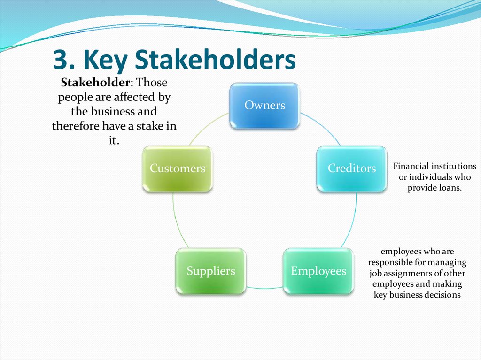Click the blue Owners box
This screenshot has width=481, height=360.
tap(264, 106)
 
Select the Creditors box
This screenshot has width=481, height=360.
tap(351, 169)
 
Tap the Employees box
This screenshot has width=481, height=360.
tap(318, 271)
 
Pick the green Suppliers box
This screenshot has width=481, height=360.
tap(210, 271)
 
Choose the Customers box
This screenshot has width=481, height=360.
tap(177, 169)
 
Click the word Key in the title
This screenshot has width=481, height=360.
tap(101, 60)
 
